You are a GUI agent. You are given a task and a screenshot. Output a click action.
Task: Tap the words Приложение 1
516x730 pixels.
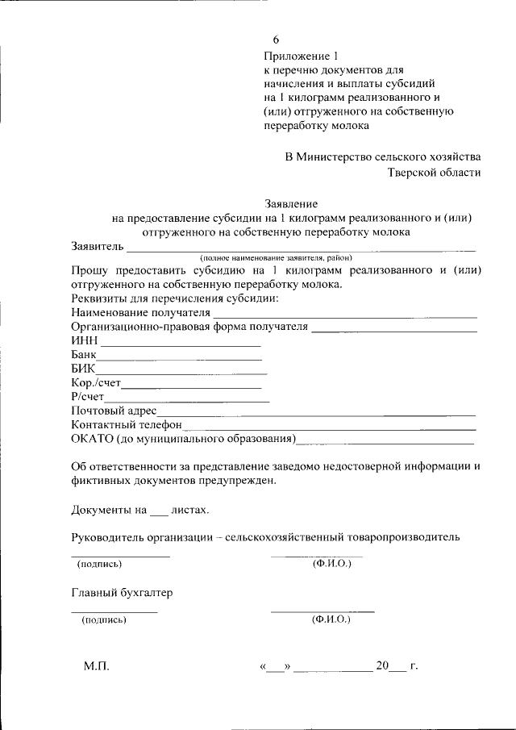click(298, 56)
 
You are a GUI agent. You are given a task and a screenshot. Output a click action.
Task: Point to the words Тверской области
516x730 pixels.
click(435, 172)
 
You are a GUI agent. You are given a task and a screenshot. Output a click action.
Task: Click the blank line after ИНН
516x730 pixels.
click(181, 344)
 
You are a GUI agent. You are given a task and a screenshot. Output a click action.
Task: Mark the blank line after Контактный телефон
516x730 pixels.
click(330, 428)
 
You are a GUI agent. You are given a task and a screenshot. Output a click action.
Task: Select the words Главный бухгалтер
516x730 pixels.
click(122, 593)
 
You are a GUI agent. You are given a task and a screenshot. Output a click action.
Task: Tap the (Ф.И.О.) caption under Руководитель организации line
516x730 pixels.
click(331, 563)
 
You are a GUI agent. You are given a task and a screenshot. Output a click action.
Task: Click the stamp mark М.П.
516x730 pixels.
click(95, 666)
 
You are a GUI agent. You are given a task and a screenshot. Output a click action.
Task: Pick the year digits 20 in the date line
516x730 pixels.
click(381, 666)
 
